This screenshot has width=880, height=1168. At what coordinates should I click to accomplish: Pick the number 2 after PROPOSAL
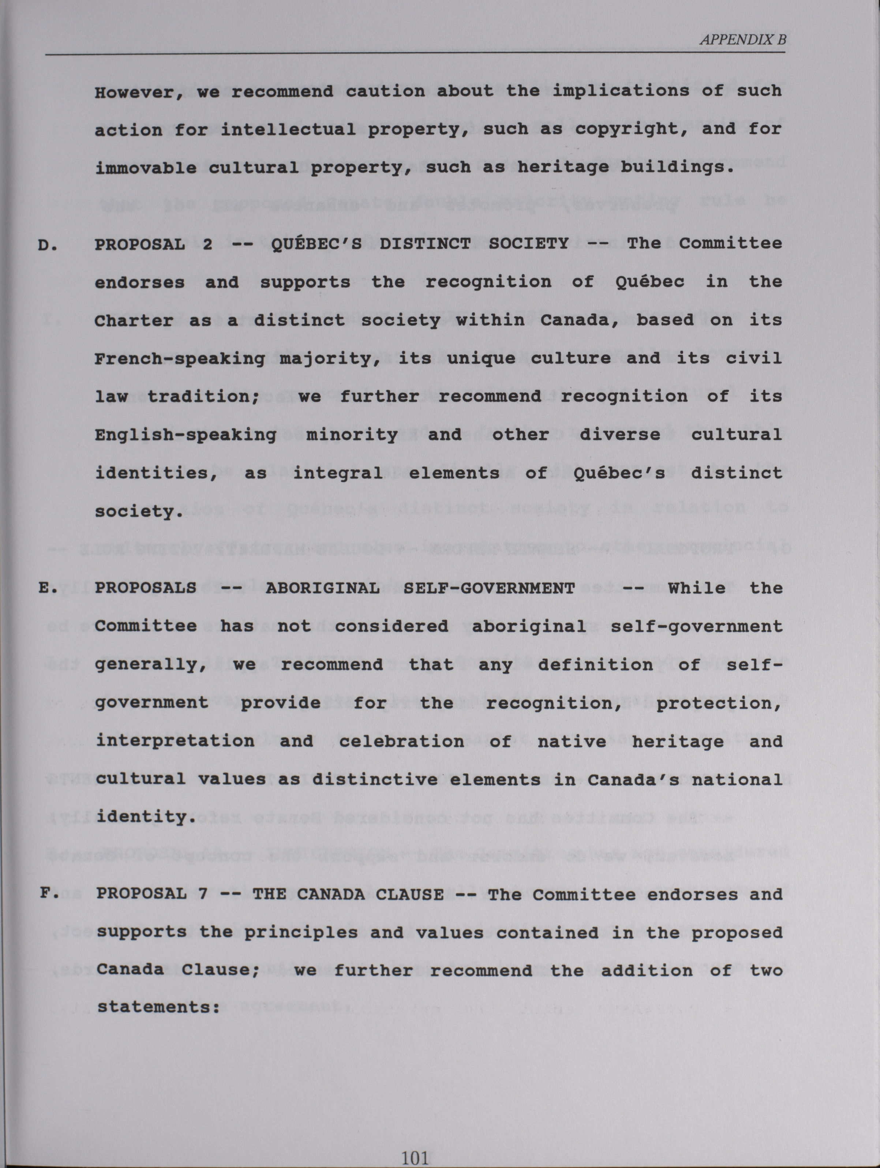point(207,244)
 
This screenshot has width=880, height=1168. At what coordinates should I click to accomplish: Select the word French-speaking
point(180,359)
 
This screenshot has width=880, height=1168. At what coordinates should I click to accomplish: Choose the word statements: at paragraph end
point(158,1007)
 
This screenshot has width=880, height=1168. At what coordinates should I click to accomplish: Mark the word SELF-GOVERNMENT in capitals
point(488,588)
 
